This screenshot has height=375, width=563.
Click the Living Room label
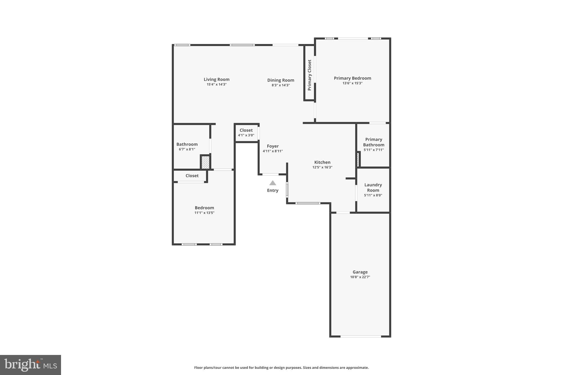point(216,79)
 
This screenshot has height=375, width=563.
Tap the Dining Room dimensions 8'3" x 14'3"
point(281,85)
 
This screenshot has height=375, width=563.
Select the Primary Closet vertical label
point(310,75)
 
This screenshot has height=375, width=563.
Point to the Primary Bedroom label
point(352,78)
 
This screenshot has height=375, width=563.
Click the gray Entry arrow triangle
point(272,183)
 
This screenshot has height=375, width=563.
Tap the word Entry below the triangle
point(272,190)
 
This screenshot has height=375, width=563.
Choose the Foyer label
point(273,146)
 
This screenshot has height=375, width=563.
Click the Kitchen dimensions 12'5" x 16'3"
point(322,167)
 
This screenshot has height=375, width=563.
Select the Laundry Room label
point(373,187)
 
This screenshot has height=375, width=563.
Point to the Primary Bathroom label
point(374,142)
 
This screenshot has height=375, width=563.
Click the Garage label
point(360,272)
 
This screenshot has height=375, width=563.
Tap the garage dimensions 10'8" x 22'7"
point(360,277)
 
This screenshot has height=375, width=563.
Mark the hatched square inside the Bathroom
point(205,162)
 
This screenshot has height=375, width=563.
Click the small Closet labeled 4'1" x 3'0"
point(246,132)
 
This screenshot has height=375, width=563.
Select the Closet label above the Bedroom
point(192,176)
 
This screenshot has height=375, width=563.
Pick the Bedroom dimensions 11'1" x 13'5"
point(204,213)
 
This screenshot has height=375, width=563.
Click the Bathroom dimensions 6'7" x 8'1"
point(187,149)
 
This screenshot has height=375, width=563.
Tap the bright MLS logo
point(31,365)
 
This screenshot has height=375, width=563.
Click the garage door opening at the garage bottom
point(361,336)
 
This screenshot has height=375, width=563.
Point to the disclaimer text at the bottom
point(281,368)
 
